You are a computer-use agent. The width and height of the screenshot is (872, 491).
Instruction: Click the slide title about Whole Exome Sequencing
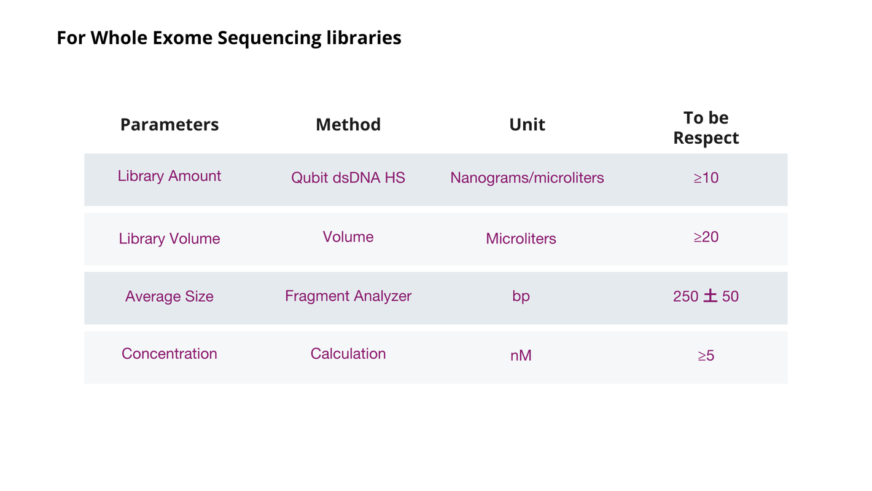pyautogui.click(x=229, y=38)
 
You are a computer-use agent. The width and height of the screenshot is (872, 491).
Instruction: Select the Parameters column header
pyautogui.click(x=169, y=125)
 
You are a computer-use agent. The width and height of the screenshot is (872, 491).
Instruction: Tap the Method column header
pyautogui.click(x=348, y=125)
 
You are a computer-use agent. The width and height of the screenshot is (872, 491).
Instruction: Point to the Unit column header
pyautogui.click(x=527, y=125)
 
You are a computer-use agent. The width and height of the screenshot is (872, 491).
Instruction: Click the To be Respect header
pyautogui.click(x=706, y=128)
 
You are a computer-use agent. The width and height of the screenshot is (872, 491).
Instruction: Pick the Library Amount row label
pyautogui.click(x=169, y=176)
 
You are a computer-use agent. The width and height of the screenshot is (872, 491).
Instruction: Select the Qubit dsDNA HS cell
pyautogui.click(x=348, y=178)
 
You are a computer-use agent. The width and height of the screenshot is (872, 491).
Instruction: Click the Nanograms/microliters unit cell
pyautogui.click(x=527, y=178)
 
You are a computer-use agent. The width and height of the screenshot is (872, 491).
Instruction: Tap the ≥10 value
pyautogui.click(x=706, y=178)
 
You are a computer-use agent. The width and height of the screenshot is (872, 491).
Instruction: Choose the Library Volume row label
pyautogui.click(x=169, y=239)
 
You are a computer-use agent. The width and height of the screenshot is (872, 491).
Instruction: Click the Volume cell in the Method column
pyautogui.click(x=348, y=237)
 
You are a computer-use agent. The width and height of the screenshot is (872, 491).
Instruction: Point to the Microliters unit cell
pyautogui.click(x=521, y=238)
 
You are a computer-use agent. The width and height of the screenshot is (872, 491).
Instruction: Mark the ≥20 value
pyautogui.click(x=706, y=237)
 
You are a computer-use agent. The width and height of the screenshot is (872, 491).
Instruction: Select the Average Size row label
pyautogui.click(x=169, y=297)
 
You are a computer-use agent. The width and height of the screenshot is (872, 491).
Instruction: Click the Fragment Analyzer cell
pyautogui.click(x=348, y=296)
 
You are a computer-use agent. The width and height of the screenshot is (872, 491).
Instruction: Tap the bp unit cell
pyautogui.click(x=521, y=297)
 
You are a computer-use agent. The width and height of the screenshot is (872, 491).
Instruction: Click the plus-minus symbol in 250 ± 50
pyautogui.click(x=710, y=296)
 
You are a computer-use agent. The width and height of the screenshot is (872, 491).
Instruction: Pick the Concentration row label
pyautogui.click(x=169, y=354)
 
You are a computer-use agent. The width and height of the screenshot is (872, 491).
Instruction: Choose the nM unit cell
pyautogui.click(x=521, y=355)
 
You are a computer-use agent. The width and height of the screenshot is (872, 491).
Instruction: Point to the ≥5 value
pyautogui.click(x=706, y=355)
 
